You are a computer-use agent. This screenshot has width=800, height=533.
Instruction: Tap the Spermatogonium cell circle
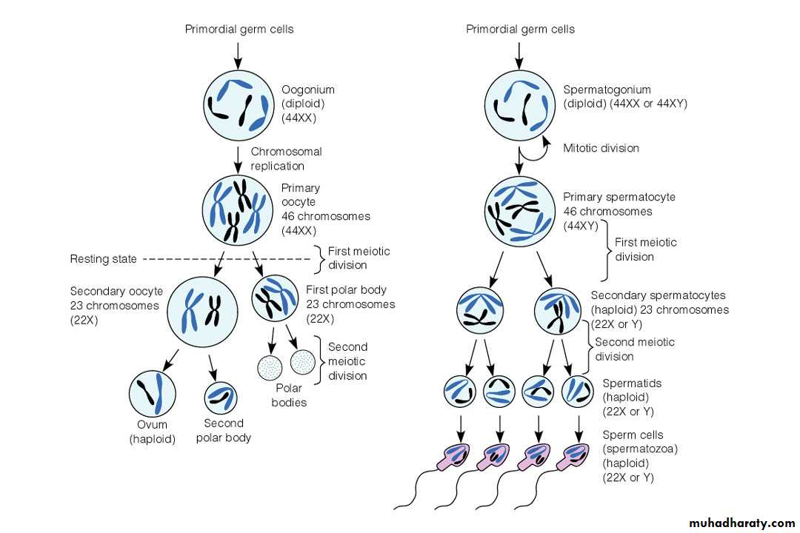coord(519,104)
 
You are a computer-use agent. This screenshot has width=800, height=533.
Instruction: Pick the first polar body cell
coord(275,298)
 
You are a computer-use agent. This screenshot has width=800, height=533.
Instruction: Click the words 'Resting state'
coord(103,259)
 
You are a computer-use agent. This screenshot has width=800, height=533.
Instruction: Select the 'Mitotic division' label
coord(601,148)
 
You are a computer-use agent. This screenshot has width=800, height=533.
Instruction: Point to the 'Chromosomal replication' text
coord(286,158)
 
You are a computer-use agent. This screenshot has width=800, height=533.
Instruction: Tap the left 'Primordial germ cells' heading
coord(239,30)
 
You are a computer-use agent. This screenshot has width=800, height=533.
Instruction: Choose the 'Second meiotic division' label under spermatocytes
coord(635,349)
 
